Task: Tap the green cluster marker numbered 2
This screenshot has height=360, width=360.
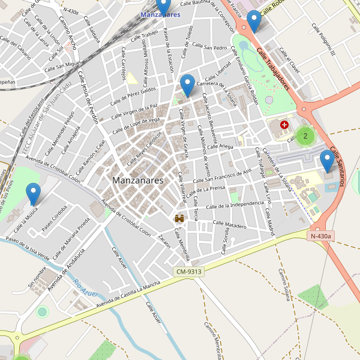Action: coord(305,136)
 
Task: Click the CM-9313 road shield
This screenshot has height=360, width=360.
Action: coord(188,272)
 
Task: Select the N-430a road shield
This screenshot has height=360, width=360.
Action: coord(322,236)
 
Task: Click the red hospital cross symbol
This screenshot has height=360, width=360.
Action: coord(284,125)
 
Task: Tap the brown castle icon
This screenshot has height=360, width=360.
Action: coord(179,219)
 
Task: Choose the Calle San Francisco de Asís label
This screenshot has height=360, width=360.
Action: coord(221,176)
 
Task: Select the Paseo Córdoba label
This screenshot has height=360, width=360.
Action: coord(54,219)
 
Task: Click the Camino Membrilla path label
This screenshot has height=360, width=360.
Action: coord(212,339)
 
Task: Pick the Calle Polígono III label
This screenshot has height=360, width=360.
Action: coord(323,41)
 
